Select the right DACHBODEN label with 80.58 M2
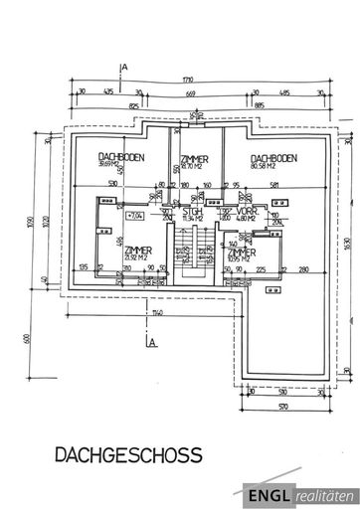(271, 159)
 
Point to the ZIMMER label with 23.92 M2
(138, 251)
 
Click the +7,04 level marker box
(135, 213)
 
